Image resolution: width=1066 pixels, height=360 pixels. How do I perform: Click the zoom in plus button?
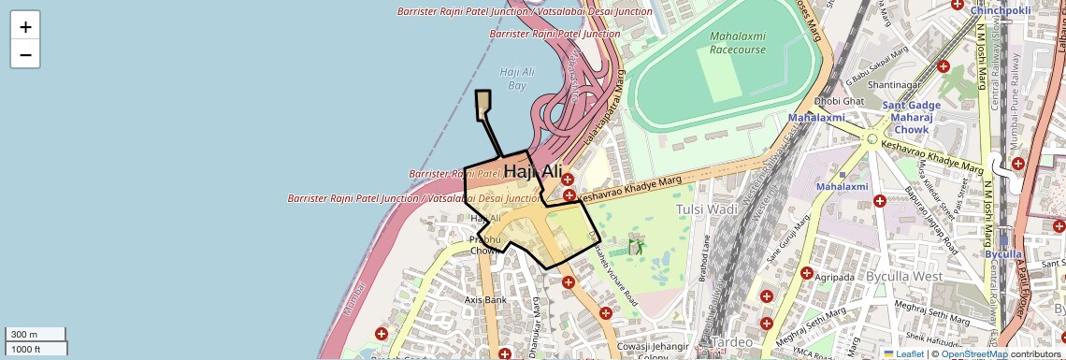click(x=25, y=27)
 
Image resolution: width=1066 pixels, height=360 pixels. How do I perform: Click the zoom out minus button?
click(x=25, y=54)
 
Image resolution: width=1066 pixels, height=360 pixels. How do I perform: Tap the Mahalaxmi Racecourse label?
click(x=737, y=42)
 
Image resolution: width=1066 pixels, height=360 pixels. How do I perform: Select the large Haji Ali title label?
click(x=533, y=172)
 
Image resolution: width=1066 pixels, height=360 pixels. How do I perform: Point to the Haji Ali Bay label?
click(x=518, y=78)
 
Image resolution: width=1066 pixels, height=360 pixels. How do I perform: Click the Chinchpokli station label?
click(x=1000, y=10)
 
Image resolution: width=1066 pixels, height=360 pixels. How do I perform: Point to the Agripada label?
click(x=834, y=278)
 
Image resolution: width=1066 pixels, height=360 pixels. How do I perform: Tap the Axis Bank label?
click(x=485, y=300)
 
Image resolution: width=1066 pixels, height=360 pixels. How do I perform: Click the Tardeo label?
click(x=731, y=342)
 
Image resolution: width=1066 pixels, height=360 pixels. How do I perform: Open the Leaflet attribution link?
click(x=903, y=354)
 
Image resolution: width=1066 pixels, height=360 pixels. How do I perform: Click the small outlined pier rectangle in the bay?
click(x=483, y=104)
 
